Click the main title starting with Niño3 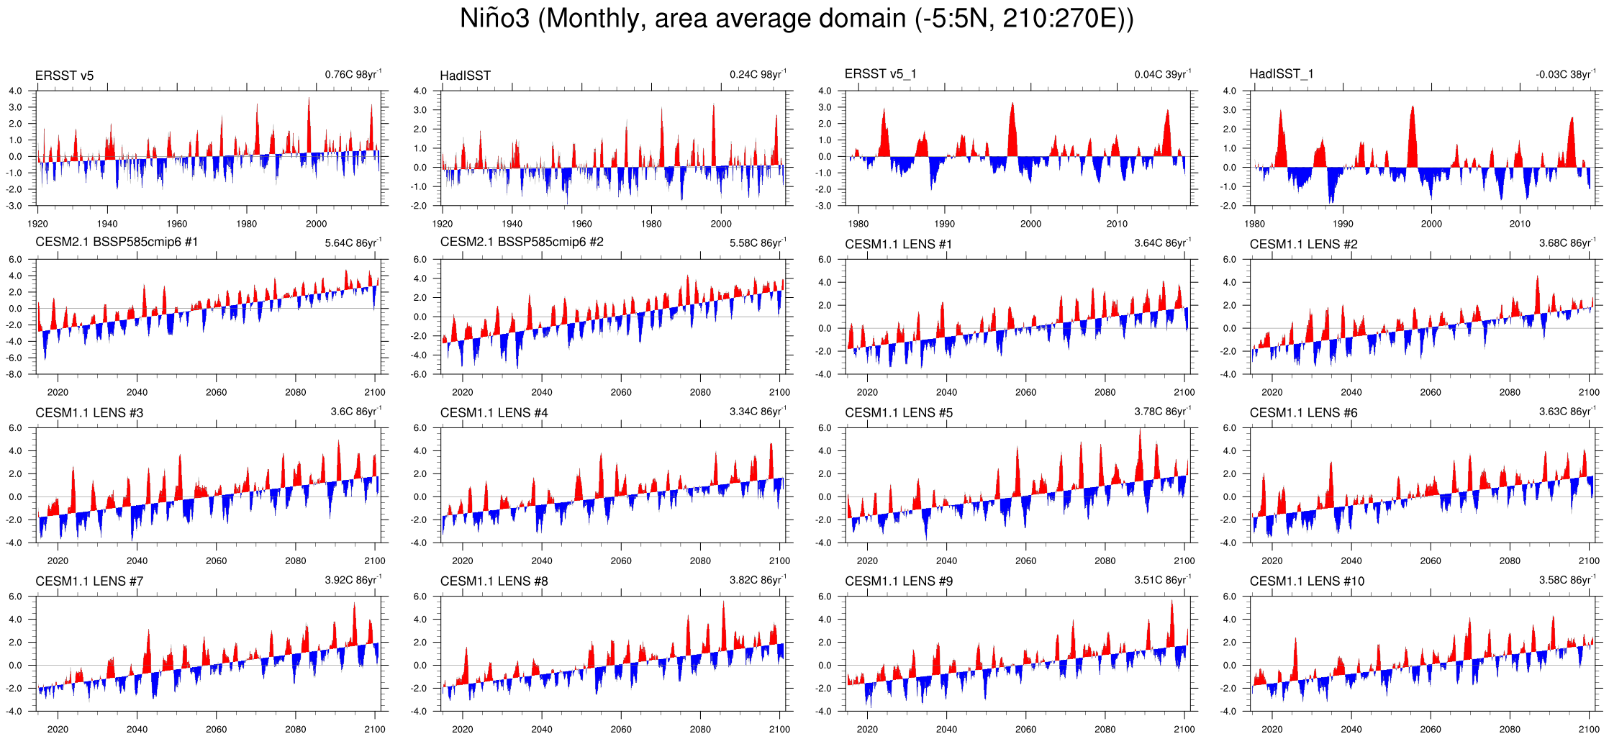(x=797, y=19)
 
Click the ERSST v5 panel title (x=64, y=76)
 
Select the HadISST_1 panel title (x=1281, y=73)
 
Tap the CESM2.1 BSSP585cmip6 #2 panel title (x=522, y=242)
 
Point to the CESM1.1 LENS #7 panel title (x=89, y=581)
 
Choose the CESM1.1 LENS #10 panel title (x=1307, y=581)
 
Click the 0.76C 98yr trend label (x=353, y=74)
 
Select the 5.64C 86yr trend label (x=353, y=242)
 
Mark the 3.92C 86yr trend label (x=353, y=579)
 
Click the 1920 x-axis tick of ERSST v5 (x=37, y=224)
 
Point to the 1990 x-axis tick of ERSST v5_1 (x=944, y=224)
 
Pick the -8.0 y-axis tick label (x=15, y=374)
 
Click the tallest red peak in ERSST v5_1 (x=1012, y=104)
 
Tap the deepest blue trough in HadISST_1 (x=1331, y=201)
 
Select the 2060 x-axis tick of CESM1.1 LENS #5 (x=1025, y=561)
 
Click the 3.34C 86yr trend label (x=758, y=411)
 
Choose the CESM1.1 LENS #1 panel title (x=898, y=245)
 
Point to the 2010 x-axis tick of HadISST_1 (x=1520, y=224)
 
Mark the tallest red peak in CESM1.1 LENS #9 (x=1172, y=602)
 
